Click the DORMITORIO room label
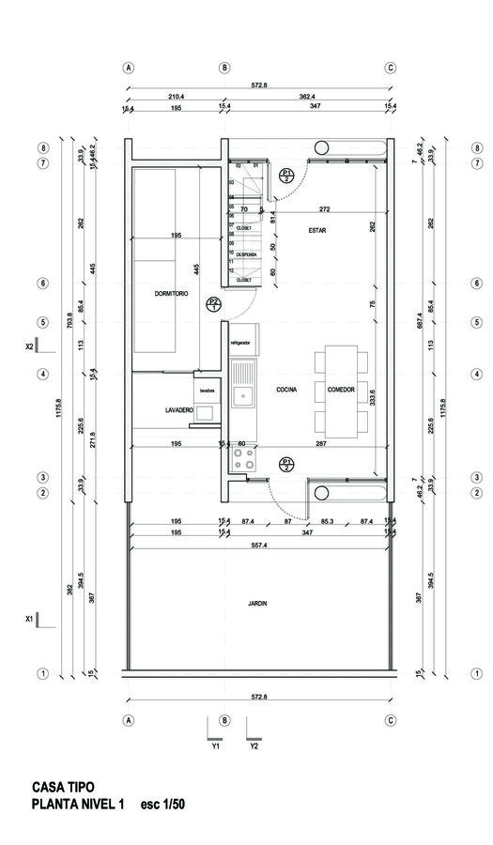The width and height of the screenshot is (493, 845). click(172, 294)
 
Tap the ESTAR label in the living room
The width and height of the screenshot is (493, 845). click(316, 230)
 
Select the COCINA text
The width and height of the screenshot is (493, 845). click(286, 389)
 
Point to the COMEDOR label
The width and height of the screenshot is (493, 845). click(341, 389)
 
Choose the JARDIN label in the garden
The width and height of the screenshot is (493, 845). click(258, 604)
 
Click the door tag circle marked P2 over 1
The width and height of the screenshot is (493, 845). click(214, 303)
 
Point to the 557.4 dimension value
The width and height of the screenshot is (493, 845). click(258, 545)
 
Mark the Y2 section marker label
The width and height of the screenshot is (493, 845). click(254, 747)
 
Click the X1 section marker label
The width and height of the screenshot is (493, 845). click(29, 619)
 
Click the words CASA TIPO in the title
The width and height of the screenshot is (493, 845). click(63, 787)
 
